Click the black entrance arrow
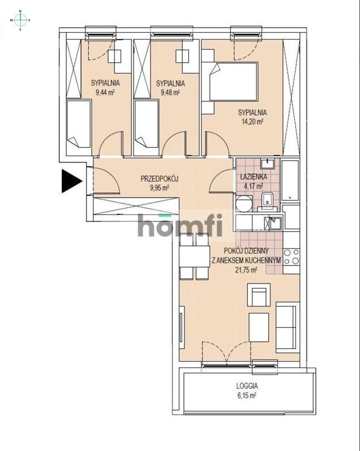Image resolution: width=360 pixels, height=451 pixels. pos(71,181)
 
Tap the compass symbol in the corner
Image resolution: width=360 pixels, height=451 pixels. pos(20,20)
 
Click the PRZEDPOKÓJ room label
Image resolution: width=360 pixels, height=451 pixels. pos(160,179)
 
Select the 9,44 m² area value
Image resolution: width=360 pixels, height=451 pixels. pos(105,93)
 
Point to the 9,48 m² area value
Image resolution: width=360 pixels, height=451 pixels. pos(170,93)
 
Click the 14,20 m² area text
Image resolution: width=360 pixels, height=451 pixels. pos(252,121)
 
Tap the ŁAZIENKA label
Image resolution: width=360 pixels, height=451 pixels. pos(254,177)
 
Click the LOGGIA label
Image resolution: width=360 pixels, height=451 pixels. pos(247,386)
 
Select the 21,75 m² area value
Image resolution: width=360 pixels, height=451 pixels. pos(246,270)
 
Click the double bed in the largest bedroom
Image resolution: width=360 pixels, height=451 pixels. pos(233,81)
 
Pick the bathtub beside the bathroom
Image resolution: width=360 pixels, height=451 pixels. pos(290,181)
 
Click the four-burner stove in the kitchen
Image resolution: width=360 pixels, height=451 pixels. pos(291,257)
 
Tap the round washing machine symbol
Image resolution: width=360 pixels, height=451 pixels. pos(244,204)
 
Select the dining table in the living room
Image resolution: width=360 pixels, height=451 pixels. pos(194,256)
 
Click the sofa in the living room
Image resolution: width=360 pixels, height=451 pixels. pos(288,327)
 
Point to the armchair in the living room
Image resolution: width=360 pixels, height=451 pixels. pos(259,295)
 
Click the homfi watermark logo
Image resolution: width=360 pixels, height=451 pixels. pos(180,225)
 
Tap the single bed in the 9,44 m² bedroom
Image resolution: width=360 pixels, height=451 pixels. pos(79,124)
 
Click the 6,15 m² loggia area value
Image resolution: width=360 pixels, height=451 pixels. pos(247,396)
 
